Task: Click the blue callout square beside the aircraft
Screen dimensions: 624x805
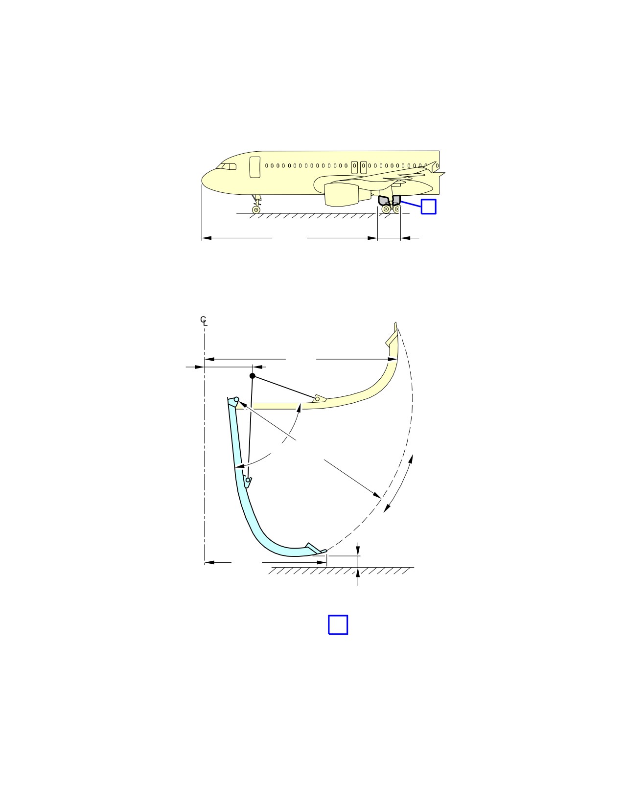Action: click(428, 207)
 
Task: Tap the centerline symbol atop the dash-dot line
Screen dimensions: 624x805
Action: click(204, 321)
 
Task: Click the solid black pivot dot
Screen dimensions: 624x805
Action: click(253, 376)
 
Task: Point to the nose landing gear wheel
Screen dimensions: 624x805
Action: click(256, 209)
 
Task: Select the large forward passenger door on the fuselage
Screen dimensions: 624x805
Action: click(255, 167)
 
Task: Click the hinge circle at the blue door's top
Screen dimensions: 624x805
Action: click(236, 399)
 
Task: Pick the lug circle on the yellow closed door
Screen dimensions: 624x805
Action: click(317, 399)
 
